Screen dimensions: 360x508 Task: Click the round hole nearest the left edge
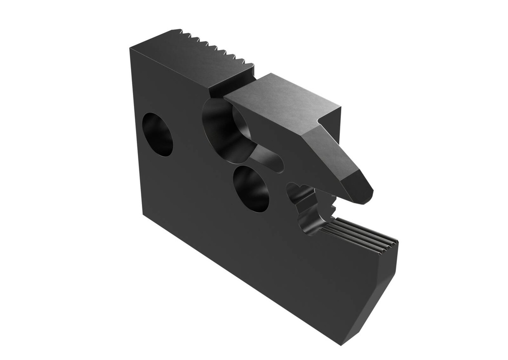click(157, 134)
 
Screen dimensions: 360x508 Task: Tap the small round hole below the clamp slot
click(252, 187)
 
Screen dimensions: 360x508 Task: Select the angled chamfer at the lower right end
click(377, 298)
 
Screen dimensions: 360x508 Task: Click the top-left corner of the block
click(131, 49)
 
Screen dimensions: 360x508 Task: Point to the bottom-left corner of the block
click(142, 215)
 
